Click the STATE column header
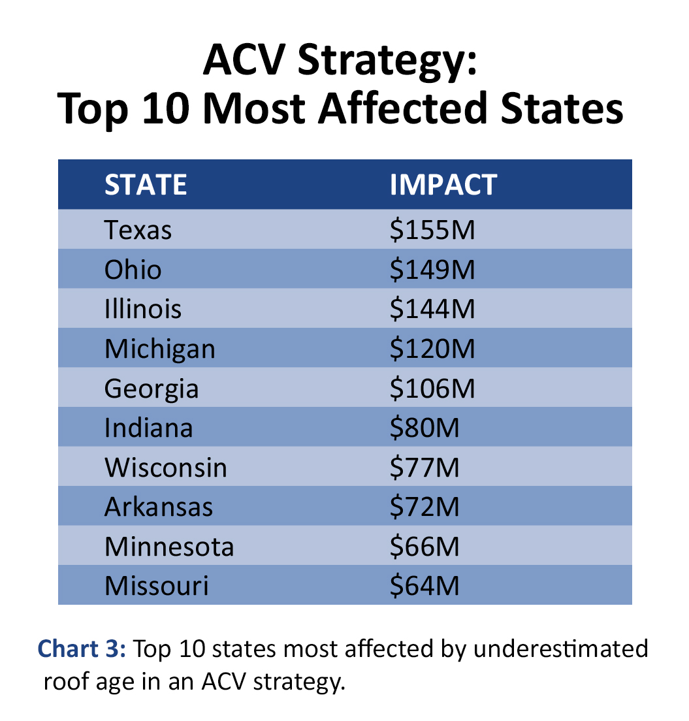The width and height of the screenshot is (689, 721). pyautogui.click(x=146, y=185)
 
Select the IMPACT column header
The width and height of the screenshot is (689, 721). pyautogui.click(x=443, y=185)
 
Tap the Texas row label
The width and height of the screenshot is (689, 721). pyautogui.click(x=138, y=230)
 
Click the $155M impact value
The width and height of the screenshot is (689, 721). pyautogui.click(x=432, y=230)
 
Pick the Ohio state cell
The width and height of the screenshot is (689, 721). pyautogui.click(x=133, y=270)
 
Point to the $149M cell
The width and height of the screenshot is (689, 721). pyautogui.click(x=432, y=270)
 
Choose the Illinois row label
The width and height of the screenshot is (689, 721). pyautogui.click(x=143, y=309)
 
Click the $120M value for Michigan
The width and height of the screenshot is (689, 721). pyautogui.click(x=432, y=349)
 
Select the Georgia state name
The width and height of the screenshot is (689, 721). pyautogui.click(x=152, y=389)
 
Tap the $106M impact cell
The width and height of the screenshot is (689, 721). pyautogui.click(x=432, y=389)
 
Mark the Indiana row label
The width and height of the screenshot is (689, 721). pyautogui.click(x=148, y=428)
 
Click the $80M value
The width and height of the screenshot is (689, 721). pyautogui.click(x=425, y=428)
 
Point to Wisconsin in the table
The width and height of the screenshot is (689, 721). pyautogui.click(x=166, y=468)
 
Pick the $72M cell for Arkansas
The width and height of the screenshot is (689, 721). pyautogui.click(x=425, y=507)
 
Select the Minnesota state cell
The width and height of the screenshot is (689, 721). pyautogui.click(x=168, y=546)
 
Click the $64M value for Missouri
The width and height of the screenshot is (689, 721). pyautogui.click(x=425, y=585)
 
